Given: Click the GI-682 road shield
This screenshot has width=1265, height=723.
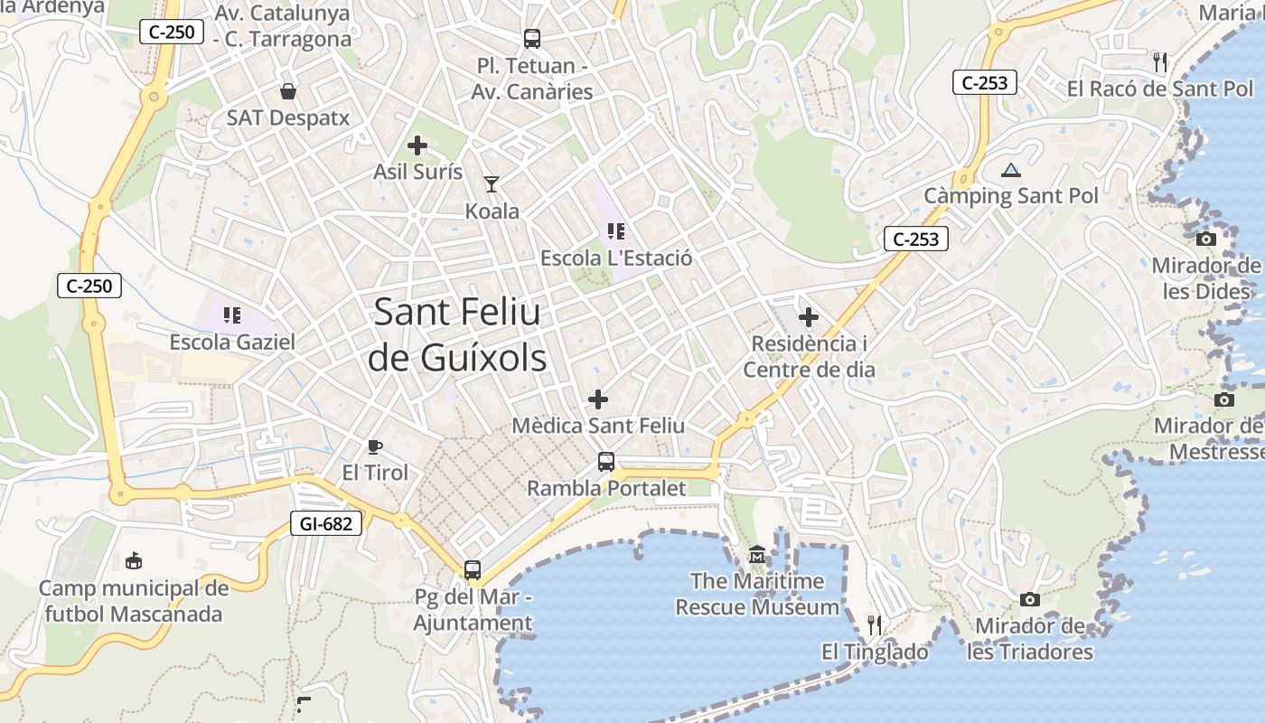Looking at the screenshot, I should [325, 522].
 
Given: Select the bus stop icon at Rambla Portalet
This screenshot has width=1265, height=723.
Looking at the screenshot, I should [606, 462].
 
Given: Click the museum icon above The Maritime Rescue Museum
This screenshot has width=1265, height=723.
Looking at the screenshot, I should [757, 554].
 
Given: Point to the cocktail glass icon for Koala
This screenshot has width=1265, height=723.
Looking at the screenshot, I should [492, 184].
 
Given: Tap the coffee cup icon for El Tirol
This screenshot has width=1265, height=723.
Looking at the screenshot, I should [375, 446].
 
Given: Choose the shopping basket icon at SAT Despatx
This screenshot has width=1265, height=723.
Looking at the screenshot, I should [287, 91].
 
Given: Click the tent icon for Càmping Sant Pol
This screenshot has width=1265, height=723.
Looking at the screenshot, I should [1010, 169].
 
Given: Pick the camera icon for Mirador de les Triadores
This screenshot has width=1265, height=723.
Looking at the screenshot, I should [1029, 599].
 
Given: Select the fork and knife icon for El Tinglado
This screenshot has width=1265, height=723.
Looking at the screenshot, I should [874, 624].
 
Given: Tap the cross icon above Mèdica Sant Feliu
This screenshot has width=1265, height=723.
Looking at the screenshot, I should [598, 399].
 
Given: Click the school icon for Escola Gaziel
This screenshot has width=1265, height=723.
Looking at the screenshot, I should [232, 315].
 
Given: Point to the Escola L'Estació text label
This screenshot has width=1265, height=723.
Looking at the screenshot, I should [616, 258].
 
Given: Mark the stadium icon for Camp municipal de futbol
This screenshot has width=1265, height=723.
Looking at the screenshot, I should [134, 561].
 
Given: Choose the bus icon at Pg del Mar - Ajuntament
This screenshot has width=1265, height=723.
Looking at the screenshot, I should [473, 570].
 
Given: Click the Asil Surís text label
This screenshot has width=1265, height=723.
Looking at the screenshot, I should [418, 172].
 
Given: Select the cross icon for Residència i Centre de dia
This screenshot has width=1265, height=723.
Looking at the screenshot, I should [809, 317].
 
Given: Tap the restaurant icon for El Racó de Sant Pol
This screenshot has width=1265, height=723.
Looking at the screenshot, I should [1160, 62].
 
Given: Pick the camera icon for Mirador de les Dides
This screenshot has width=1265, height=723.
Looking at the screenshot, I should [1205, 239].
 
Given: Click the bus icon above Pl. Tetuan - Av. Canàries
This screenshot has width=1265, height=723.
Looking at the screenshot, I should [532, 39].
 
